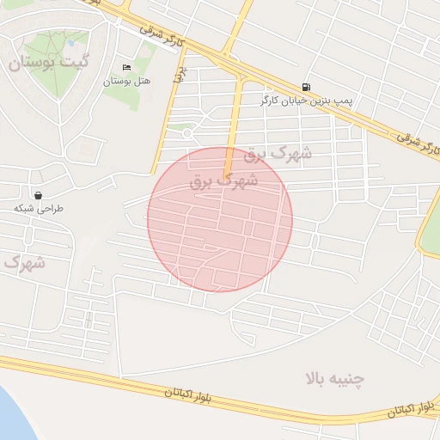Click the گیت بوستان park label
tap(47, 63)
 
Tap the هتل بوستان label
tap(126, 81)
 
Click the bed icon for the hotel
tap(127, 68)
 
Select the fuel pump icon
tap(306, 87)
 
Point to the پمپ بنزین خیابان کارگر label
tap(307, 101)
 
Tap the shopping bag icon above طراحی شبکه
tap(39, 195)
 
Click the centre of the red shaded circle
tap(220, 220)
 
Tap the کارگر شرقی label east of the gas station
tap(419, 144)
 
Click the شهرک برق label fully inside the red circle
tap(239, 182)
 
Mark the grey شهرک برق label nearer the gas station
tap(278, 154)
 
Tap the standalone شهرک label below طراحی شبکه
tap(23, 261)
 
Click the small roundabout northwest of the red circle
tap(187, 133)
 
